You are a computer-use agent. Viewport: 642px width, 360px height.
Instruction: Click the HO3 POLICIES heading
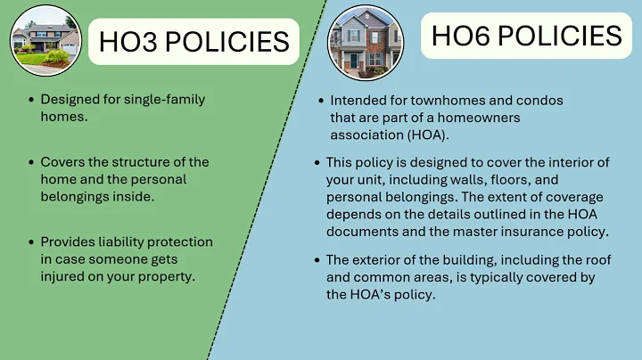[193, 41]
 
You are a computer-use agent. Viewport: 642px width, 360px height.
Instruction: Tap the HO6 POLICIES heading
[526, 36]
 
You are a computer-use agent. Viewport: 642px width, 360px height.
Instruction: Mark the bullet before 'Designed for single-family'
[32, 100]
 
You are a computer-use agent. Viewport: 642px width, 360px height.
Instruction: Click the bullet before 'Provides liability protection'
[32, 242]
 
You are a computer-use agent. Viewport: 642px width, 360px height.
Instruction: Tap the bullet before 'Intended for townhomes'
[321, 102]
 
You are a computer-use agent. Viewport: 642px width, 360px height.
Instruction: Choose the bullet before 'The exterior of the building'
[318, 260]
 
